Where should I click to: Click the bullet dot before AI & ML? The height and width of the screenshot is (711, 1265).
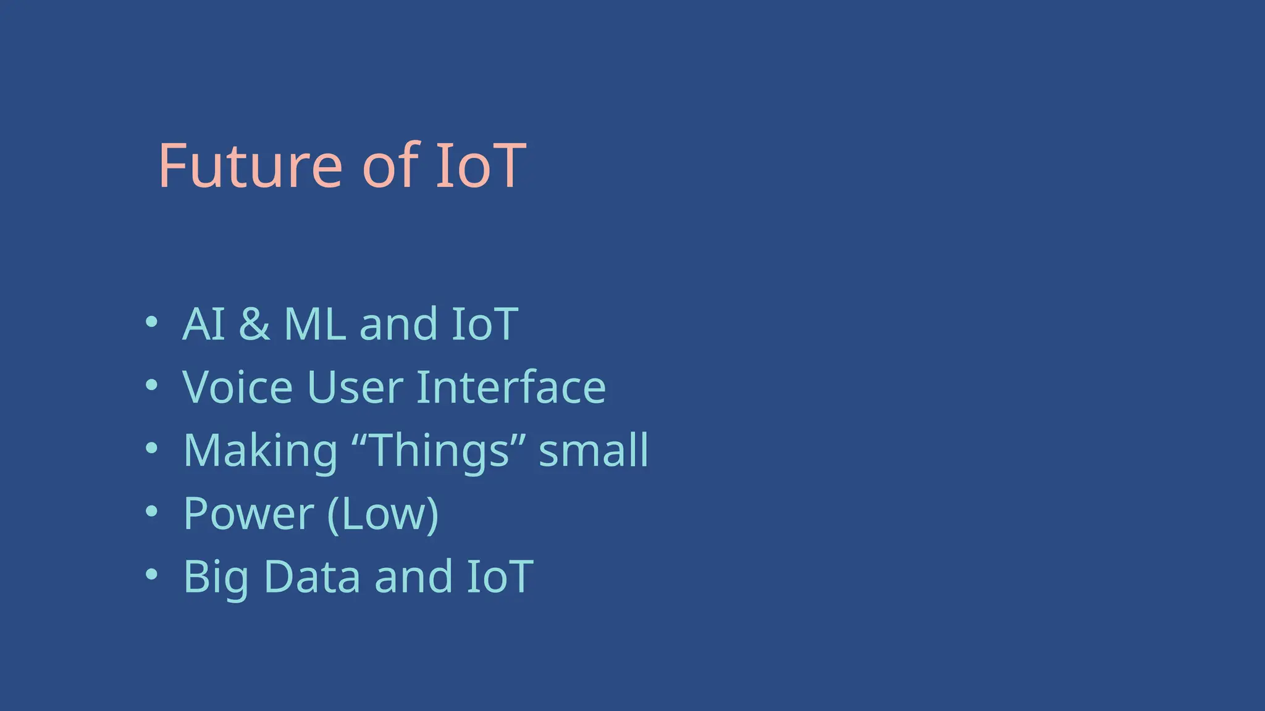point(151,322)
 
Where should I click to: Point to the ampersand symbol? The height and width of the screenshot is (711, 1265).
point(254,324)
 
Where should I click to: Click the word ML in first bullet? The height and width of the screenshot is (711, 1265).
point(314,324)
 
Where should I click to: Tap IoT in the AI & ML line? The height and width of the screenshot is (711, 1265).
point(484,324)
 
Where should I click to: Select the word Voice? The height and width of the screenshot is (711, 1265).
point(237,387)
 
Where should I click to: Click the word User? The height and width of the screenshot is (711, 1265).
point(355,387)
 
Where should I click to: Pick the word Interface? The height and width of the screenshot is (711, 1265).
point(511,387)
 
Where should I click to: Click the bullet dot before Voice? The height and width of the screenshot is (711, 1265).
point(151,385)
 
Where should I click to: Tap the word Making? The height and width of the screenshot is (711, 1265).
point(260,451)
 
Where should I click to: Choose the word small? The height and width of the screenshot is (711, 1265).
point(594,450)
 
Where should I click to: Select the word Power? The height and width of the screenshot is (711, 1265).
point(248,513)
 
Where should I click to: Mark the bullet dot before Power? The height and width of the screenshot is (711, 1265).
point(151,511)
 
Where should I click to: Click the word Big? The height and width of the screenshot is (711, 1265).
point(216,577)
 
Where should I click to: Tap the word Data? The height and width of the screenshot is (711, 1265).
point(312,576)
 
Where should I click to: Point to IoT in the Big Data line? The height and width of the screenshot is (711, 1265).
point(499,576)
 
